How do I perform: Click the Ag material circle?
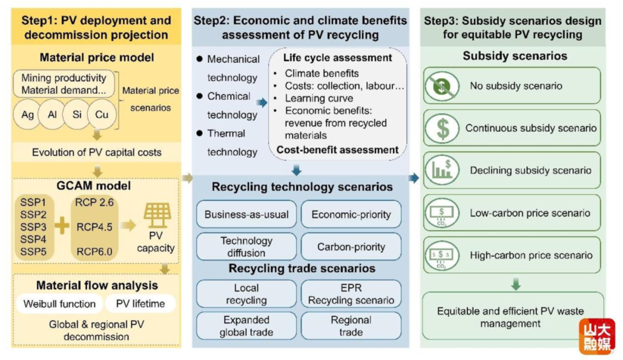coord(28,114)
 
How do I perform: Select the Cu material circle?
coord(102,114)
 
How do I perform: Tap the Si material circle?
coord(77,114)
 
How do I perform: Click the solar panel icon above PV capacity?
coord(157,215)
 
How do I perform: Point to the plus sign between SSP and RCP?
coord(62,226)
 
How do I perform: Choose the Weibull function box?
coord(59,304)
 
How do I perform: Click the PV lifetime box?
coord(140,304)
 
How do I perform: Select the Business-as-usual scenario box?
coord(246,215)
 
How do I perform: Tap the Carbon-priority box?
coord(351,247)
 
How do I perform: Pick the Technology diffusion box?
coord(246,247)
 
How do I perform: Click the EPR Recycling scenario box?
coord(351,294)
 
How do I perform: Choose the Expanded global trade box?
coord(246,326)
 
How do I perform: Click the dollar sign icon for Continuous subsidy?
coord(442,128)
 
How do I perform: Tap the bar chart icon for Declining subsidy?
coord(442,170)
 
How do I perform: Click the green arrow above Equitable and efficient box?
coord(516,284)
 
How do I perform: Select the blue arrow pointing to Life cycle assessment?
coord(261,103)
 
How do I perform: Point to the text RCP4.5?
coord(95,227)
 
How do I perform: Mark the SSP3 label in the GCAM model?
coord(33,227)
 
